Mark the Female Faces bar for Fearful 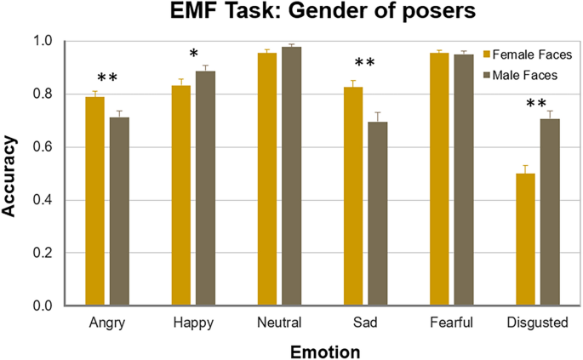pyautogui.click(x=439, y=179)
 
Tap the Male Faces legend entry pyautogui.click(x=523, y=75)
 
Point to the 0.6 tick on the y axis pyautogui.click(x=49, y=147)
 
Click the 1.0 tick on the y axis pyautogui.click(x=49, y=41)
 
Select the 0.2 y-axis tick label pyautogui.click(x=49, y=253)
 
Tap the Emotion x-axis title pyautogui.click(x=323, y=350)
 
